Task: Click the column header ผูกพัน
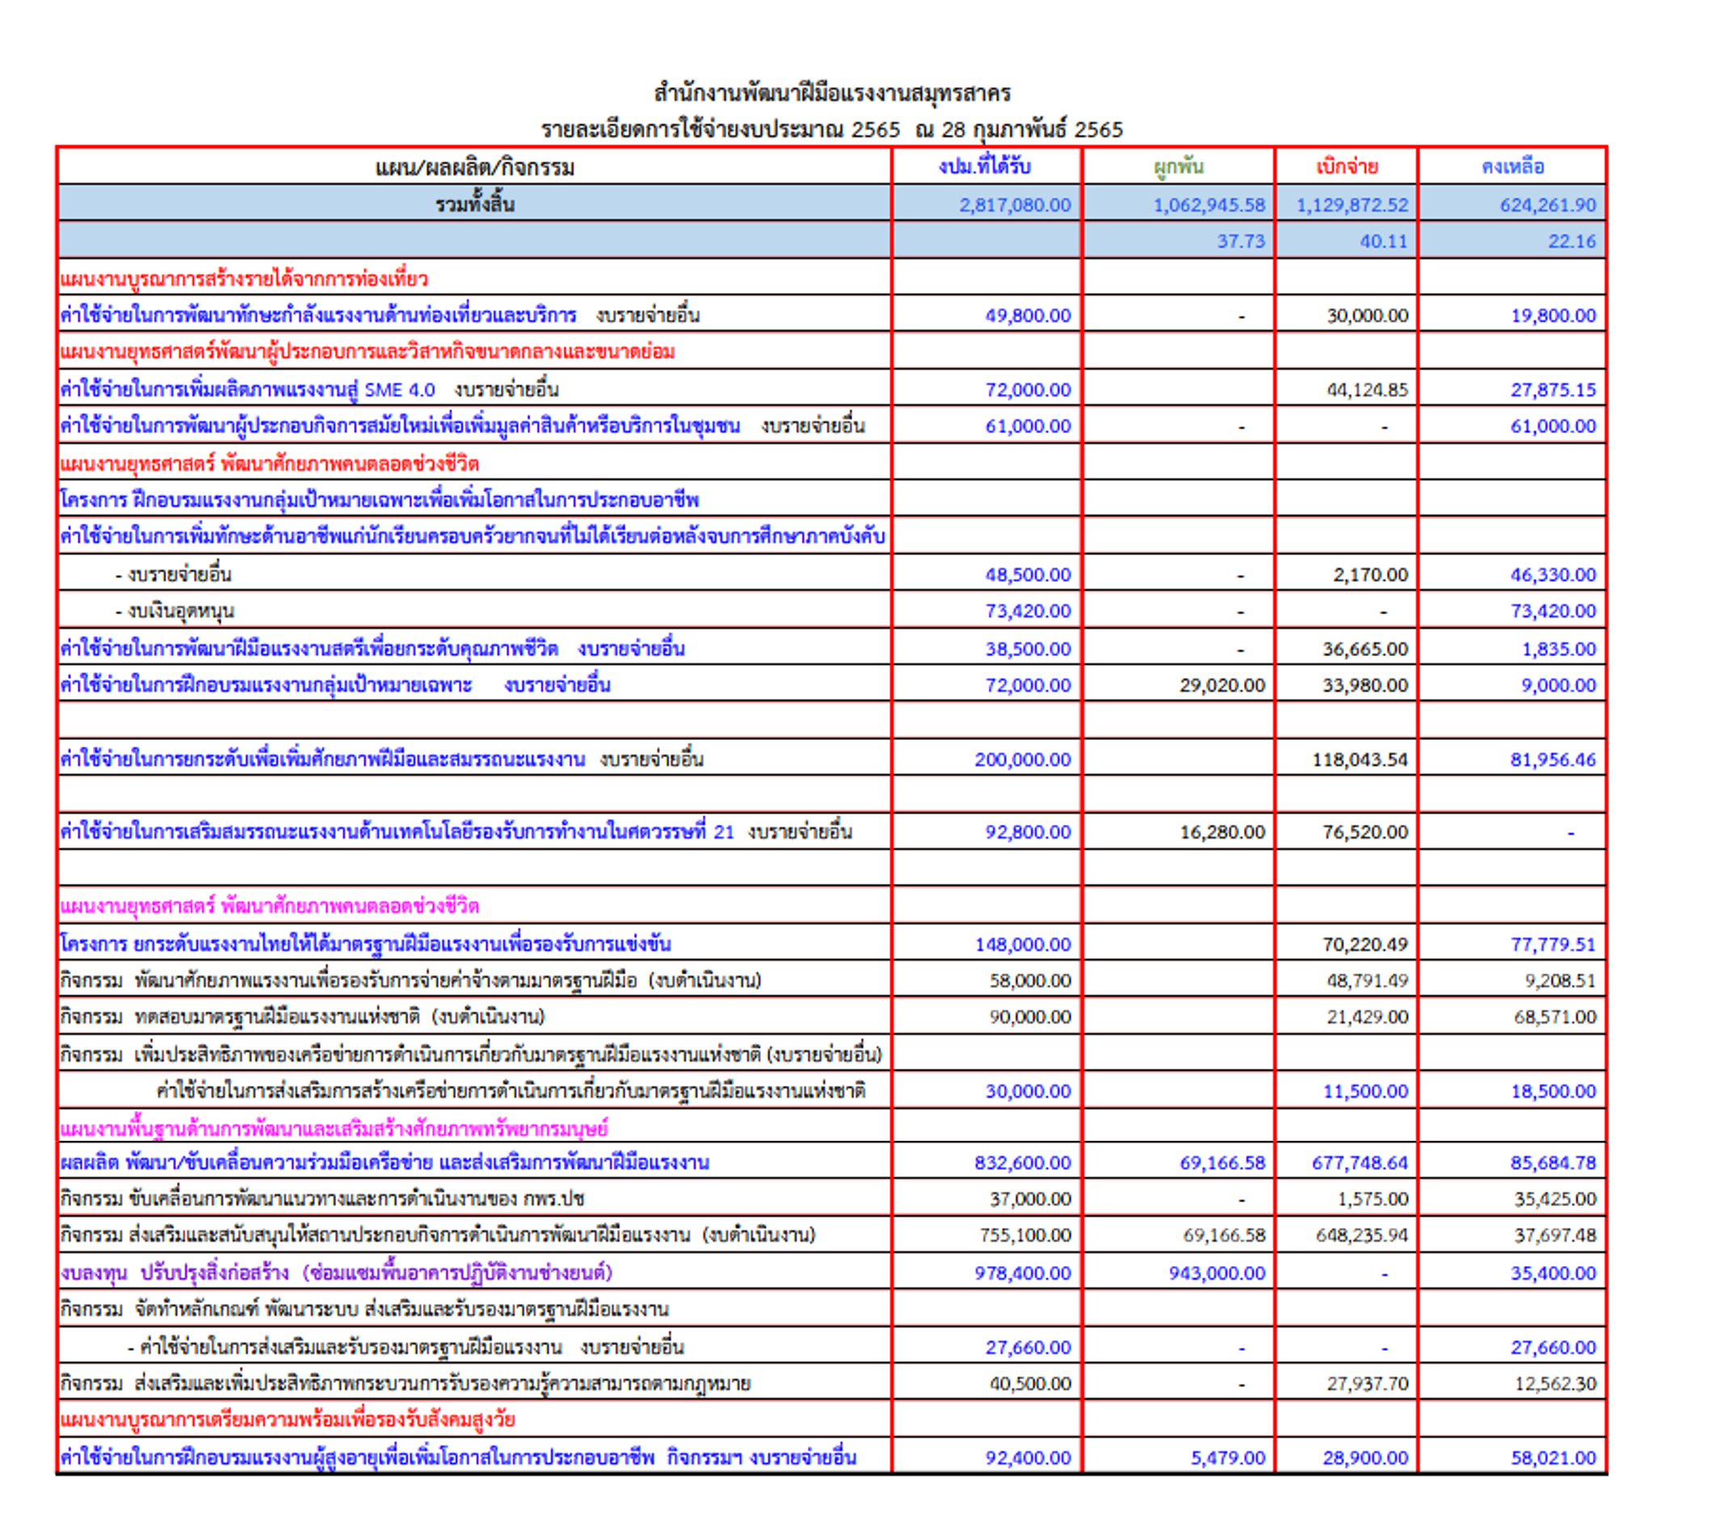coord(1179,166)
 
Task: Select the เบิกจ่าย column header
coord(1347,166)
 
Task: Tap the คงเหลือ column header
coord(1512,166)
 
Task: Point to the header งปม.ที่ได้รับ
coord(985,166)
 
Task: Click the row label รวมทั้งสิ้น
coord(474,204)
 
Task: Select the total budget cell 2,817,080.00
coord(1015,205)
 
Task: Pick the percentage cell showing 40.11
coord(1384,242)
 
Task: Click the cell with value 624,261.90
coord(1548,205)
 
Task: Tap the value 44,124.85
coord(1367,390)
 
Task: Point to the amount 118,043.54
coord(1360,759)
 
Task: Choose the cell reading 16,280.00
coord(1221,833)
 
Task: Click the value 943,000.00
coord(1216,1273)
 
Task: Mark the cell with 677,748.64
coord(1359,1163)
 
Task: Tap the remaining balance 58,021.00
coord(1553,1457)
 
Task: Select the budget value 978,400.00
coord(1023,1273)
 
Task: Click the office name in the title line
coord(832,93)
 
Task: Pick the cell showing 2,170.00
coord(1369,575)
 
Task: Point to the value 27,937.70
coord(1367,1385)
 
